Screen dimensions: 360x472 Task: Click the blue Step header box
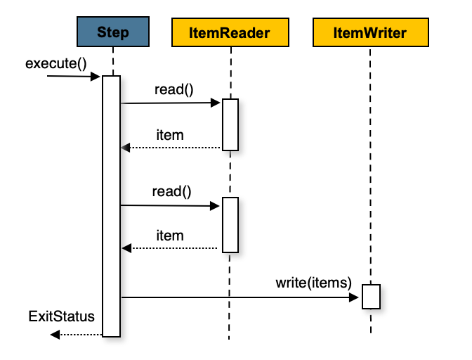[112, 32]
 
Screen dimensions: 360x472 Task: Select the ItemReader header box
[230, 32]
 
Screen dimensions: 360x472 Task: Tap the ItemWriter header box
[369, 32]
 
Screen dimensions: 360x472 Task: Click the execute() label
[55, 63]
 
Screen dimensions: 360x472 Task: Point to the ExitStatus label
[61, 316]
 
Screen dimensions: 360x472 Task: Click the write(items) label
[313, 283]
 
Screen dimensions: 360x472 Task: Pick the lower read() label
[171, 191]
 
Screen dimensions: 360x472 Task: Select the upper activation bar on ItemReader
[230, 124]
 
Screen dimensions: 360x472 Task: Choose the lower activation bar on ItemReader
[230, 225]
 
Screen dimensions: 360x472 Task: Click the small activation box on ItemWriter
[371, 296]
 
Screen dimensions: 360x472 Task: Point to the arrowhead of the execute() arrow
[97, 76]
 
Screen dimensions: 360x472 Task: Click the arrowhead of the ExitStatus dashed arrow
[54, 335]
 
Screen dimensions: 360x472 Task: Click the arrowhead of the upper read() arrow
[217, 103]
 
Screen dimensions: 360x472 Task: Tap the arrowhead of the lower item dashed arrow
[126, 248]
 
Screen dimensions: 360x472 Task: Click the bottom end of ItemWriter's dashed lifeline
[370, 333]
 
